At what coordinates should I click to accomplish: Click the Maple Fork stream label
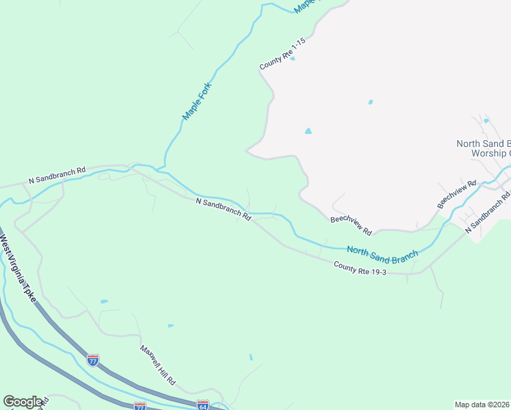(198, 102)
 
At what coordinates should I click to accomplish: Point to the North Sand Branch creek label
(382, 254)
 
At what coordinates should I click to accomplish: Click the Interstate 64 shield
(202, 405)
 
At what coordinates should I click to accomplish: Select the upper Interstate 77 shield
(92, 359)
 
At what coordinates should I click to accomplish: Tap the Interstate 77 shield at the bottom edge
(140, 406)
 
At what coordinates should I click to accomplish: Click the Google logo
(23, 402)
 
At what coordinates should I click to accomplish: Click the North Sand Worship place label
(483, 148)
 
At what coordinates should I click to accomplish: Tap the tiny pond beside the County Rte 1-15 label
(292, 59)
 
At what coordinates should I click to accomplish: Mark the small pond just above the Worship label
(486, 121)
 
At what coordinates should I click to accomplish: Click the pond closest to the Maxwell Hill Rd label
(170, 326)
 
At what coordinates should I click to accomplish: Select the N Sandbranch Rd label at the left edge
(57, 176)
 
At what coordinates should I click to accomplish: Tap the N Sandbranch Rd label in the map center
(223, 210)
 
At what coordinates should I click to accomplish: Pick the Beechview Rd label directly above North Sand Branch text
(350, 225)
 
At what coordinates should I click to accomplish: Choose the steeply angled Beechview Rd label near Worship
(456, 195)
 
